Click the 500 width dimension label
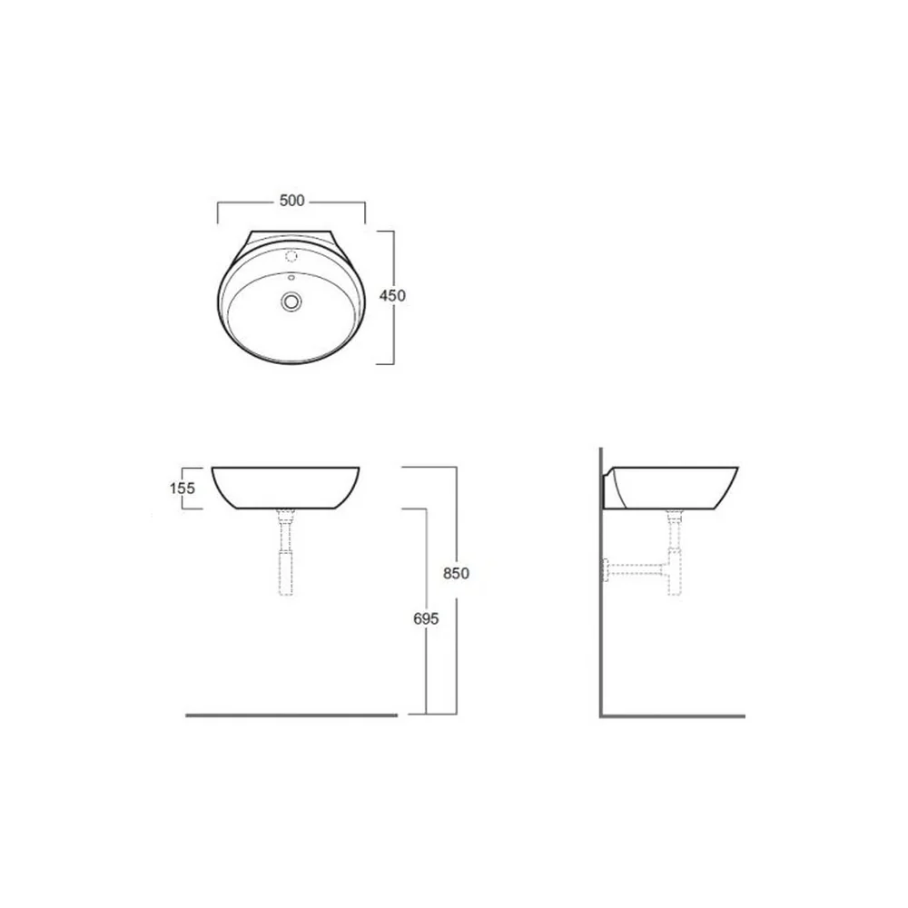point(291,201)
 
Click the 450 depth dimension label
point(392,295)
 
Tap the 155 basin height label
point(183,489)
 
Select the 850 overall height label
point(456,573)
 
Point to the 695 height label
point(426,618)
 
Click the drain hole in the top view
point(291,301)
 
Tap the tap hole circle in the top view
point(291,255)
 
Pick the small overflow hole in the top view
point(291,278)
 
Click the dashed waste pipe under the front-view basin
point(286,552)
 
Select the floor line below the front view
point(291,716)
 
